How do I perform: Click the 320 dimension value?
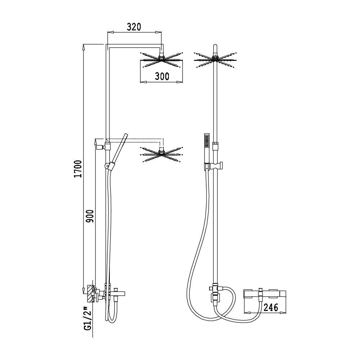[134, 27]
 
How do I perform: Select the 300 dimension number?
[162, 76]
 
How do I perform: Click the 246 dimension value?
[271, 307]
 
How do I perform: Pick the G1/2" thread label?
[89, 319]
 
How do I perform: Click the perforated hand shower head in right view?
[206, 141]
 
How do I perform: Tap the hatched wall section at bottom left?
[90, 294]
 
